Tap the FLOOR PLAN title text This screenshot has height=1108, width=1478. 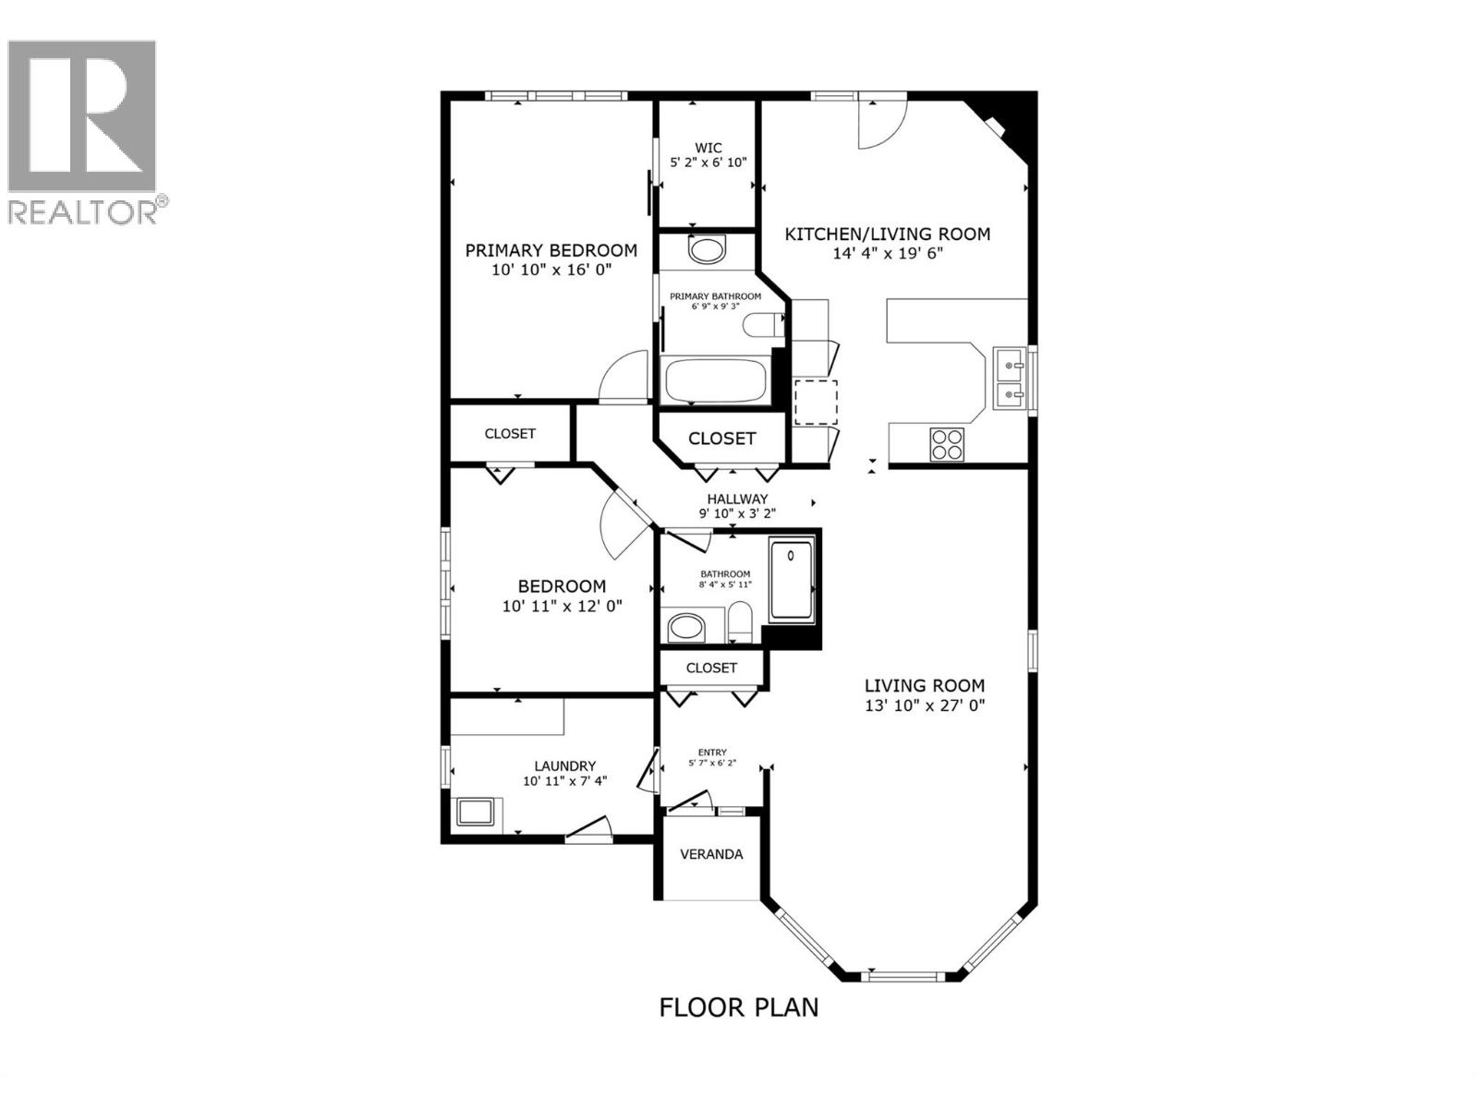click(x=738, y=1006)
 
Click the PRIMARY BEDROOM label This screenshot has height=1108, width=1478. click(x=551, y=250)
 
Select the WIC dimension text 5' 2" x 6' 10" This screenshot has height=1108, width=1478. click(x=708, y=163)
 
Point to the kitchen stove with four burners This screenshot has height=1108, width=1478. click(x=946, y=443)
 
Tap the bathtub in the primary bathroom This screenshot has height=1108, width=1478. click(x=715, y=380)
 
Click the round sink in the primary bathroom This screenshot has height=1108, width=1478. click(x=708, y=249)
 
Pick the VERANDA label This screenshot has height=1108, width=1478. click(x=711, y=854)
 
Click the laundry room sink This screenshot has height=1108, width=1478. click(x=477, y=813)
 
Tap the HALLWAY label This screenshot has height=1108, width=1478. click(x=737, y=499)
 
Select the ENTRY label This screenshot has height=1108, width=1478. click(x=712, y=752)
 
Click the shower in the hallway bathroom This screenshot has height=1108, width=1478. click(x=792, y=580)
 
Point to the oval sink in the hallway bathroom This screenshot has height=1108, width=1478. click(x=685, y=628)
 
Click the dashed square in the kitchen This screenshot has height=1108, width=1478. click(x=816, y=402)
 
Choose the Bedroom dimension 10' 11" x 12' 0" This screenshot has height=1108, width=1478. click(x=562, y=606)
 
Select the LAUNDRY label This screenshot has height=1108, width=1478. click(x=564, y=765)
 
